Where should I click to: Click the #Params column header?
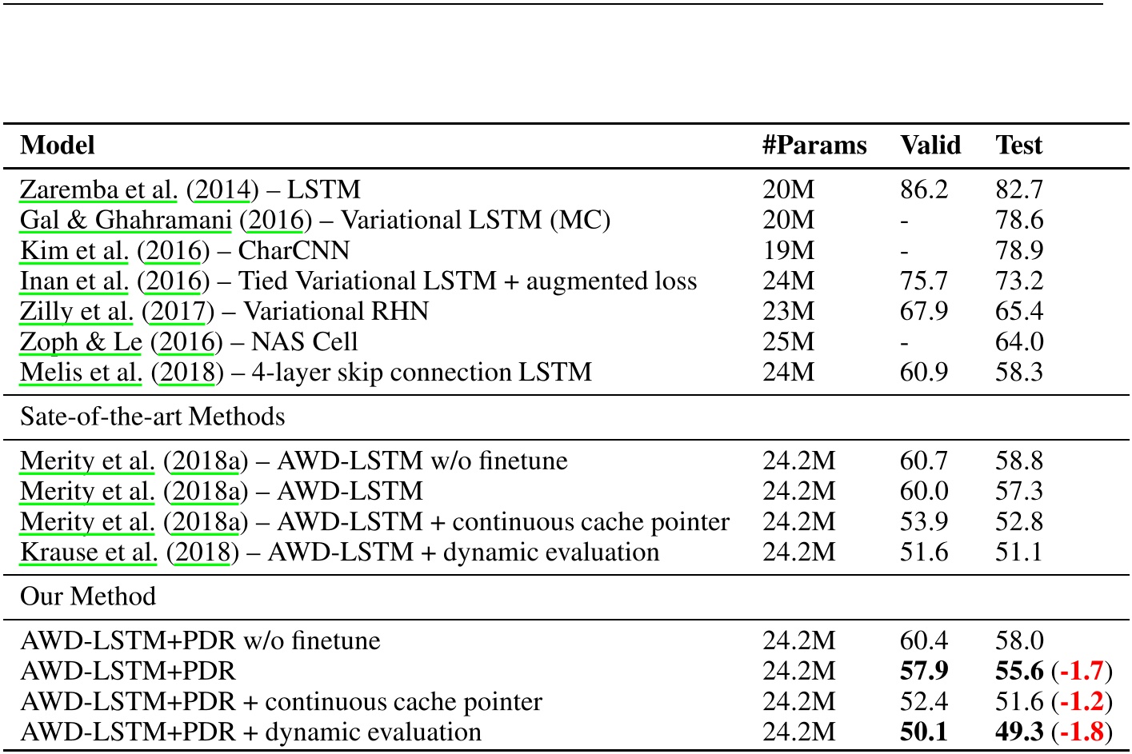tap(814, 145)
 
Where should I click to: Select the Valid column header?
tap(930, 145)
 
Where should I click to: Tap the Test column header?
tap(1018, 145)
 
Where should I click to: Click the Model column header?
tap(58, 145)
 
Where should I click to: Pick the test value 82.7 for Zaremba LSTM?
tap(1018, 189)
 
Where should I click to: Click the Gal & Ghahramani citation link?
tap(126, 220)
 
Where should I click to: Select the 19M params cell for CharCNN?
tap(788, 250)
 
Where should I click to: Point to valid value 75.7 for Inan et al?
tap(923, 281)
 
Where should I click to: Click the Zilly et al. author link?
tap(77, 311)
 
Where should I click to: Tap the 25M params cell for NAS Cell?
tap(788, 341)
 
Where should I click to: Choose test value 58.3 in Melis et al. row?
tap(1018, 372)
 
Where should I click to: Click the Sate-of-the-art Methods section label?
tap(152, 417)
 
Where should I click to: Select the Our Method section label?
tap(88, 596)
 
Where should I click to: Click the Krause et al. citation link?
tap(89, 552)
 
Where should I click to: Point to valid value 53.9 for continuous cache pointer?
tap(923, 521)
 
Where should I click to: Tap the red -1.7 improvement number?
tap(1082, 671)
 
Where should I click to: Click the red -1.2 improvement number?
tap(1082, 701)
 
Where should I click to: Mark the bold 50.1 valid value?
tap(924, 732)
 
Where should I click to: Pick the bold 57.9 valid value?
tap(924, 671)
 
